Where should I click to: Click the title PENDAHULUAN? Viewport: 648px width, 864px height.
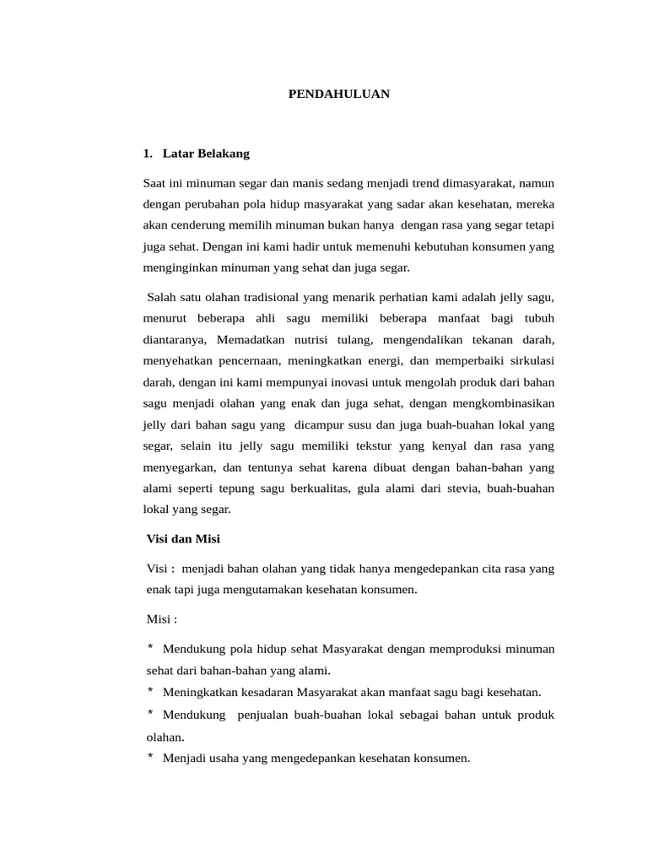coord(339,94)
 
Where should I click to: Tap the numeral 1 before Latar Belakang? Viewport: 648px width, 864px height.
coord(147,154)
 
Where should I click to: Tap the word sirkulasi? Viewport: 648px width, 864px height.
coord(528,361)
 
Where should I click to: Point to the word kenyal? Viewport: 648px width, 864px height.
coord(443,445)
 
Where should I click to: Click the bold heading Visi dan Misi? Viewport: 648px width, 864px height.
coord(183,538)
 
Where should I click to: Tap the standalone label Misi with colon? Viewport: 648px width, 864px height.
coord(162,619)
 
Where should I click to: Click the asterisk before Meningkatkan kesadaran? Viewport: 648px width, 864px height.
coord(150,691)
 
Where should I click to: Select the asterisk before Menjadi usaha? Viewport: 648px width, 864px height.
coord(150,757)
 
